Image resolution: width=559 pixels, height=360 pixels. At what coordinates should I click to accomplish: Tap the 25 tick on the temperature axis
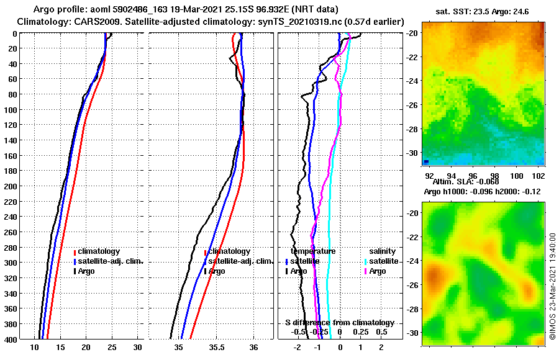click(112, 348)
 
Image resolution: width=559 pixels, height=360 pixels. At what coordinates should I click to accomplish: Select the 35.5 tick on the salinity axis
click(216, 348)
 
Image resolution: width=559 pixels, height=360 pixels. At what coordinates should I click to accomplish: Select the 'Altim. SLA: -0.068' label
click(462, 181)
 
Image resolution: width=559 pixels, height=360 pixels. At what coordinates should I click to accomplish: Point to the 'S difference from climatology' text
click(339, 323)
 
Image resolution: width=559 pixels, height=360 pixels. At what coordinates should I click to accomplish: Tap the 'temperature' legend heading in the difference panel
click(314, 251)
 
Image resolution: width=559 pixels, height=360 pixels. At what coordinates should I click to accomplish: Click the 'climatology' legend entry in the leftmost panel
click(99, 251)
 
